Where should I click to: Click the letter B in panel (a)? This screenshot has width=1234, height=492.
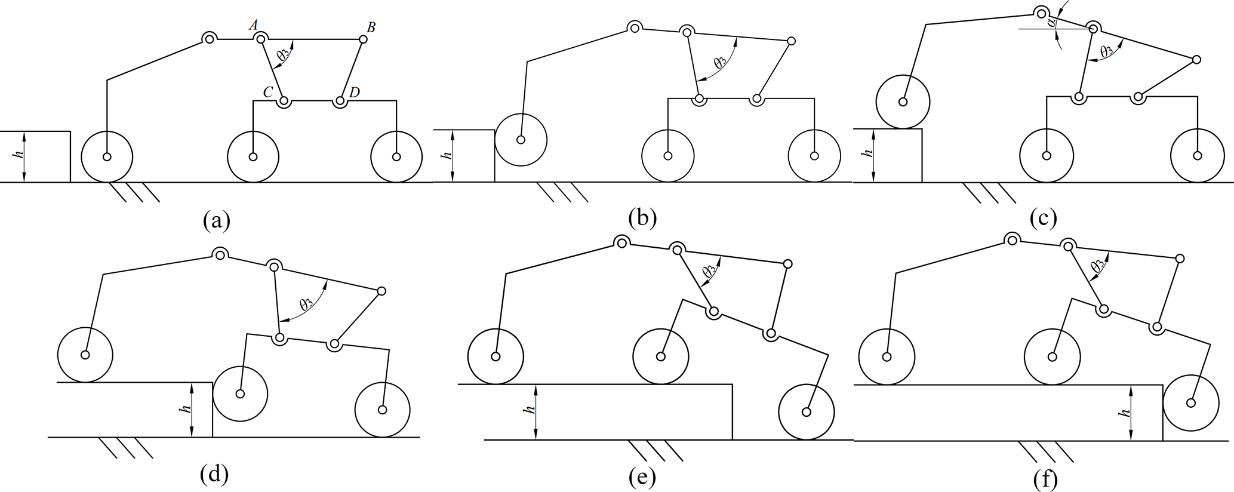[x=371, y=27]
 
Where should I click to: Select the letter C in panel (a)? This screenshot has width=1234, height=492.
[x=269, y=92]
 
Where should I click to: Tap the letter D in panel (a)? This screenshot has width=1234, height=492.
[x=355, y=92]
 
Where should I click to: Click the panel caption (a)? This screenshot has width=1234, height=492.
[x=216, y=220]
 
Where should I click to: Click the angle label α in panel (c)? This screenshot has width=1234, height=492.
[x=1052, y=23]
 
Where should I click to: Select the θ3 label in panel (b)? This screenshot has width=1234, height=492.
[x=721, y=61]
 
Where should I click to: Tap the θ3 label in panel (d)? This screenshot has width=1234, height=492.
[x=307, y=303]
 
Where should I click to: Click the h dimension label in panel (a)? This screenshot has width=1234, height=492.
[x=20, y=154]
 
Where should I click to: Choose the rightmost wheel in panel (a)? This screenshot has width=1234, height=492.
[x=396, y=157]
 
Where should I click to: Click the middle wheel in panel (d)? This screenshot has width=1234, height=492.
[x=240, y=393]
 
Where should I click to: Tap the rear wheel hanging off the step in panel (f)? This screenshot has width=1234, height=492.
[x=1190, y=402]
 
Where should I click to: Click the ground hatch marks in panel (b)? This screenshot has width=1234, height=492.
[x=562, y=192]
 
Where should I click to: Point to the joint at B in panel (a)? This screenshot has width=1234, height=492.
[x=362, y=39]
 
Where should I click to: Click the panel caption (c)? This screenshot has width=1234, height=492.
[x=1044, y=219]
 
